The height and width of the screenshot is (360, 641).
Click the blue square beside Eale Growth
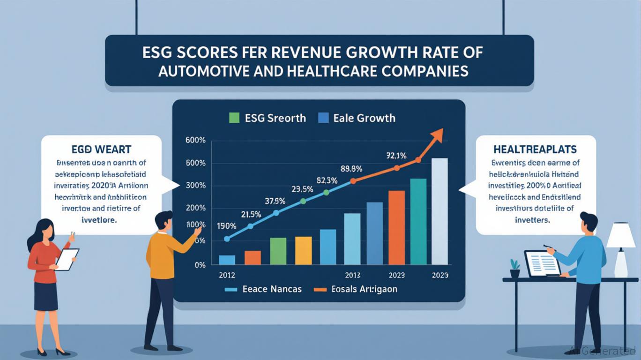323,118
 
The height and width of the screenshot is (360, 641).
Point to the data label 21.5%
251,215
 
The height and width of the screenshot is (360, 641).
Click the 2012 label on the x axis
227,276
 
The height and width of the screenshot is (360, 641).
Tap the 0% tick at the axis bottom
200,265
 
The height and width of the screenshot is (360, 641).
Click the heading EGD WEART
101,150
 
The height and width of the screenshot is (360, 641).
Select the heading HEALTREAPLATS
535,150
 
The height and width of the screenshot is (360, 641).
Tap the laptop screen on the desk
543,263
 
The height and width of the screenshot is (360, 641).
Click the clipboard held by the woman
67,259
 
